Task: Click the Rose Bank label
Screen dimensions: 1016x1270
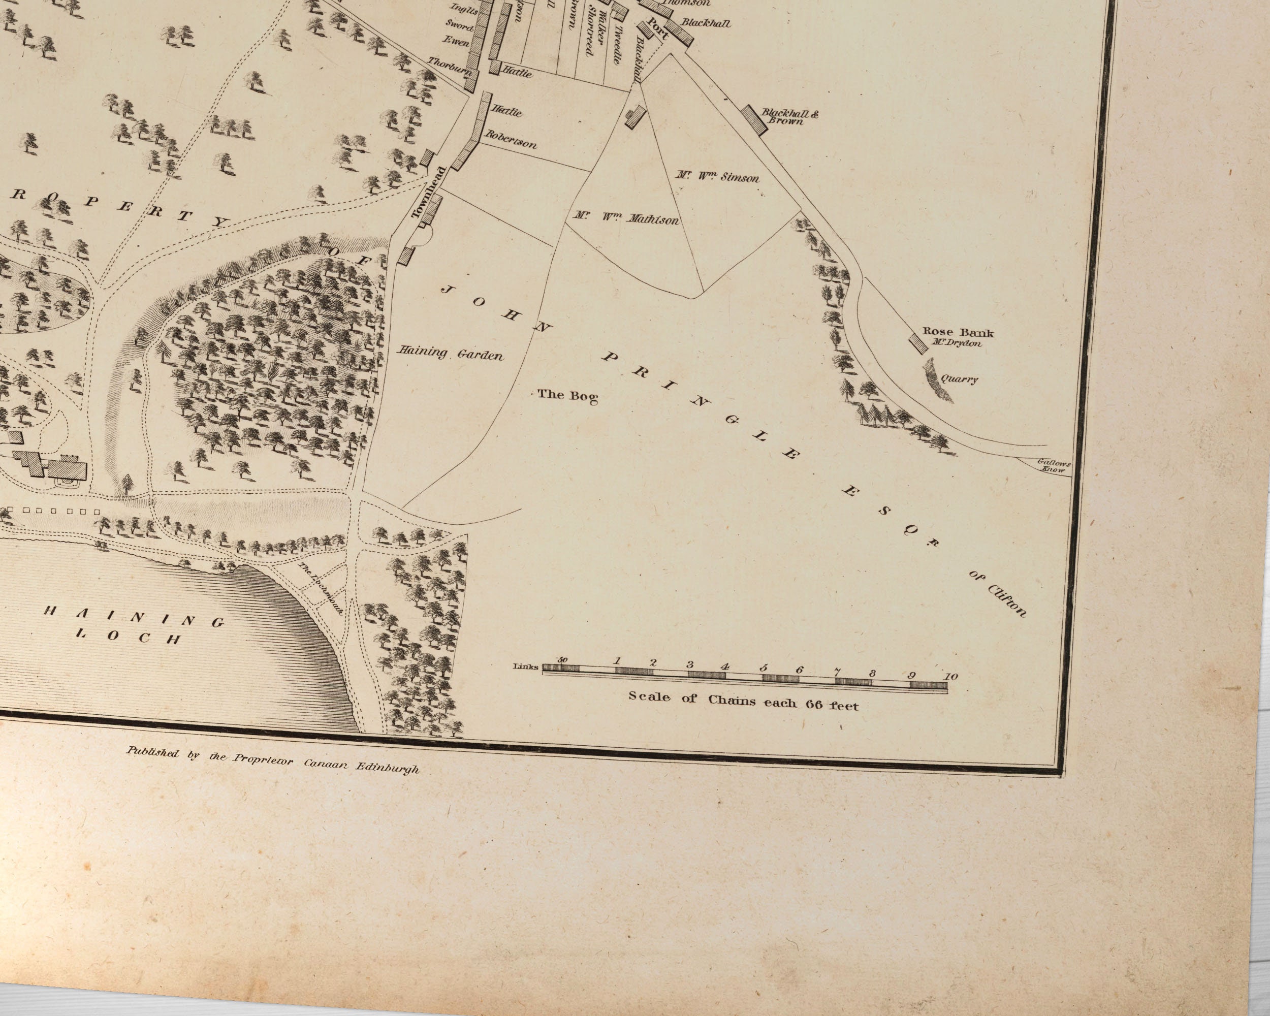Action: point(957,332)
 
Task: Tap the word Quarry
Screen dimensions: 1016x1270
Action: point(959,379)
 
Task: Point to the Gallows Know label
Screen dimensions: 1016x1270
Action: point(1054,466)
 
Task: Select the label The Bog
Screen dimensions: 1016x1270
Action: point(567,396)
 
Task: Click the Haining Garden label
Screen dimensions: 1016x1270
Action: point(451,354)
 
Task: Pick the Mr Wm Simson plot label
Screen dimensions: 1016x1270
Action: point(717,176)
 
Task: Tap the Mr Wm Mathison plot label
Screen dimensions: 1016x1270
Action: point(626,218)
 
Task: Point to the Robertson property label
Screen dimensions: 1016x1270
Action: point(510,139)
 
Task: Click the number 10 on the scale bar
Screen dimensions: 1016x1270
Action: point(949,676)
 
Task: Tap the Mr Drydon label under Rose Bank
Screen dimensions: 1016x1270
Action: point(957,343)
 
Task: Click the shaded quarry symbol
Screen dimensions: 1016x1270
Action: point(939,380)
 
